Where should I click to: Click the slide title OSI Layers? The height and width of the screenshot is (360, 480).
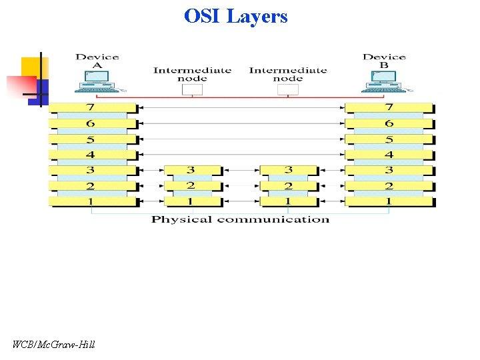pos(236,15)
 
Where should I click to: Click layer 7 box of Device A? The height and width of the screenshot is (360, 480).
pos(92,107)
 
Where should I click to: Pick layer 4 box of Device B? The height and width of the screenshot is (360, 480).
pos(389,155)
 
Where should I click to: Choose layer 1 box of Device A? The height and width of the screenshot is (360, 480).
pos(92,201)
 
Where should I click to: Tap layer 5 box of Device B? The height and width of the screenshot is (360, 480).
pos(389,139)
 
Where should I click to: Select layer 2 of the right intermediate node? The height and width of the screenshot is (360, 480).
pos(287,186)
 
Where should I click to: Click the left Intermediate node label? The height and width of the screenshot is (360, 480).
pos(192,74)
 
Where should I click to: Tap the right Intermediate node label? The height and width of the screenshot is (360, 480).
pos(288,74)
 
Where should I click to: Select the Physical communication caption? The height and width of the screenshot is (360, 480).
pos(240,219)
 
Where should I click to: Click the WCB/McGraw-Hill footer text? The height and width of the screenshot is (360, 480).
pos(54,345)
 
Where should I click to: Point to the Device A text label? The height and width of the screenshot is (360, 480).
pos(97,61)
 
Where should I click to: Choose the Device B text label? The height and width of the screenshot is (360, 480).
pos(384,61)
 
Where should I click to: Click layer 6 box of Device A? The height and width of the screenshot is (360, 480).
pos(92,123)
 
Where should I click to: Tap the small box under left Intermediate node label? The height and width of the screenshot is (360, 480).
pos(192,89)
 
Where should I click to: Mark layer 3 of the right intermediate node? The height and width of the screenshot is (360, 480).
pos(287,171)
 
